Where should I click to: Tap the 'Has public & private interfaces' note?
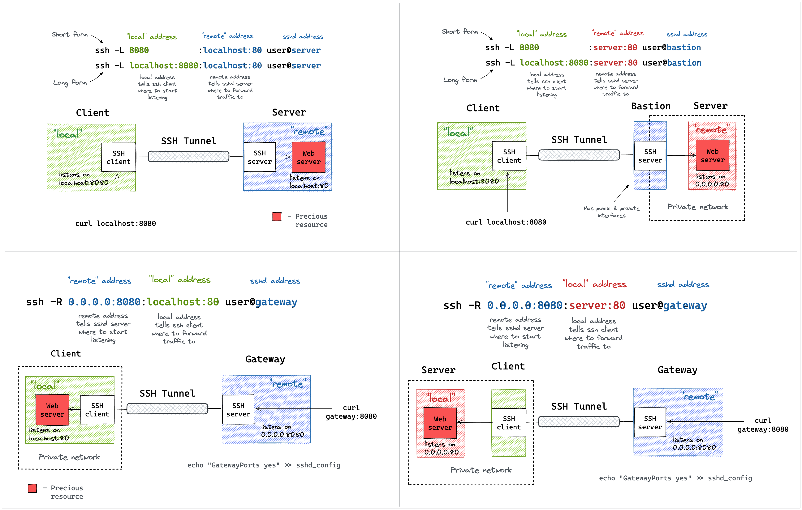point(611,212)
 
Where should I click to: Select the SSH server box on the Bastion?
point(650,156)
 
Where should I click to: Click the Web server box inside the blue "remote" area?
point(308,157)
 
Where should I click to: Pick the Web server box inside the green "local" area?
point(52,410)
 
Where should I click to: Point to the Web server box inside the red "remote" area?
point(712,155)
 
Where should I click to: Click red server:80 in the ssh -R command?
point(597,305)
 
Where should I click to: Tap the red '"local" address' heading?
point(594,284)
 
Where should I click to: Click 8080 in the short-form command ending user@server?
point(139,50)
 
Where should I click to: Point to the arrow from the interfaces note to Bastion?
point(621,193)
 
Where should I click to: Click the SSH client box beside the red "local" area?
point(509,423)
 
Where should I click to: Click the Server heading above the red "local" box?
point(438,370)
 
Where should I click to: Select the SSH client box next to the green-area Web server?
point(97,410)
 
